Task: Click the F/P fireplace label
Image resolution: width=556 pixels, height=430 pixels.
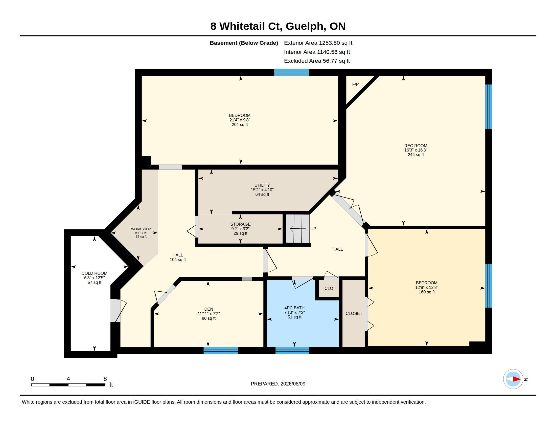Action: pyautogui.click(x=355, y=84)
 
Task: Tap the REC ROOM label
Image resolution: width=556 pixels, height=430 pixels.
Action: pyautogui.click(x=416, y=146)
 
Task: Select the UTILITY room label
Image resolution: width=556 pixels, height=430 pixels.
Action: pyautogui.click(x=262, y=185)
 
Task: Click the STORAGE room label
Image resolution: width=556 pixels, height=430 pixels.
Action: pyautogui.click(x=240, y=224)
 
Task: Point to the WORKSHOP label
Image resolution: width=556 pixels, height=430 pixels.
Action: pyautogui.click(x=141, y=229)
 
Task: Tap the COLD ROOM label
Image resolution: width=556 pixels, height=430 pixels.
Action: pyautogui.click(x=95, y=273)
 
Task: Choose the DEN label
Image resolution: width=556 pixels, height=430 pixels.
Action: pyautogui.click(x=209, y=309)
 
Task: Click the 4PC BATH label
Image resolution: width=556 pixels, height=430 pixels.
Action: pyautogui.click(x=294, y=308)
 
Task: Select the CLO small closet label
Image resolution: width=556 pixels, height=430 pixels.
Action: pyautogui.click(x=329, y=288)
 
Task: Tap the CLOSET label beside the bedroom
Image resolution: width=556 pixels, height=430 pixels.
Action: pyautogui.click(x=354, y=313)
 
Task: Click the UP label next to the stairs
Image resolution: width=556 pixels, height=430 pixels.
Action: pyautogui.click(x=313, y=229)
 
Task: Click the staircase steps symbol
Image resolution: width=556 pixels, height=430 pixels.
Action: pyautogui.click(x=298, y=228)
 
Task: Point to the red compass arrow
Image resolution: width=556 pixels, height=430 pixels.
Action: pyautogui.click(x=517, y=379)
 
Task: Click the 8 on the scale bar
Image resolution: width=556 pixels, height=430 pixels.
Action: pyautogui.click(x=105, y=379)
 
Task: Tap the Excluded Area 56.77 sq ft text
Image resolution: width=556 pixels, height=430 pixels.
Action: pyautogui.click(x=317, y=61)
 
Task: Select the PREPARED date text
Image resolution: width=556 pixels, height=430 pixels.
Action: pyautogui.click(x=278, y=384)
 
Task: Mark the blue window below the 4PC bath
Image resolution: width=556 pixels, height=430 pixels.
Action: pyautogui.click(x=292, y=351)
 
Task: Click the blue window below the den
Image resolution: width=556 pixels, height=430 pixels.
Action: pyautogui.click(x=221, y=351)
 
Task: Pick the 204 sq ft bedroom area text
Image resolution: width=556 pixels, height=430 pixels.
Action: pyautogui.click(x=240, y=124)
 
